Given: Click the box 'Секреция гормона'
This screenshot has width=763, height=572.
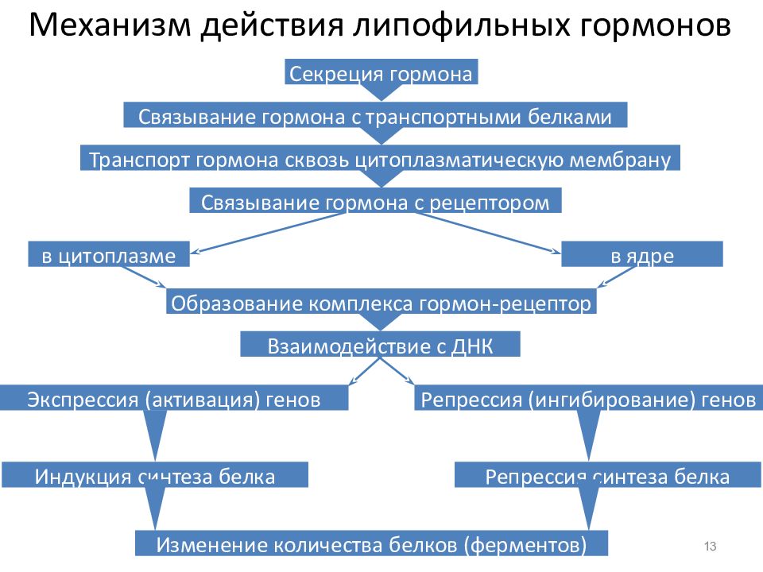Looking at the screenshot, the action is [381, 72].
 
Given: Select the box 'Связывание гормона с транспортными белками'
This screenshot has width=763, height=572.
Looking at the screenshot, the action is [375, 114].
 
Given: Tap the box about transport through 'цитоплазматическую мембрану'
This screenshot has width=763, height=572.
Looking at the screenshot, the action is [380, 157].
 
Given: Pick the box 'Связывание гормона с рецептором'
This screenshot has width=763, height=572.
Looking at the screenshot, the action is [375, 200].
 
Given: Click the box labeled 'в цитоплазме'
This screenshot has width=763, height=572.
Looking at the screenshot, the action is [109, 254].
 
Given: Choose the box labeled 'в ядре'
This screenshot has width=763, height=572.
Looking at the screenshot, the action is [642, 254].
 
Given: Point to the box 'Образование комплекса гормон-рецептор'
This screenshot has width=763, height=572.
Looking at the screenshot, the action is [381, 302].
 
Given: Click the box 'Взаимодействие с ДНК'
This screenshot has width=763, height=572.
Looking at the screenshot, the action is [380, 344].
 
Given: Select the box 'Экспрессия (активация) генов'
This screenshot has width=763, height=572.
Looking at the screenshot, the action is [174, 398].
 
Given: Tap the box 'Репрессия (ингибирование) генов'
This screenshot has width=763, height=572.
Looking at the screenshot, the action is [588, 398].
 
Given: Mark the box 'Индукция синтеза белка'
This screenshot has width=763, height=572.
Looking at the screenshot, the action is [155, 475].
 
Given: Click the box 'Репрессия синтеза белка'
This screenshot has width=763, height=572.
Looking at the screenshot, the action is [607, 475].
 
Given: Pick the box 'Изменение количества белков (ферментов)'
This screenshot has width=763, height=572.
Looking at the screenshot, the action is [371, 543].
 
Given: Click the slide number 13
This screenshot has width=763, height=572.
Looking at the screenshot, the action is [710, 547].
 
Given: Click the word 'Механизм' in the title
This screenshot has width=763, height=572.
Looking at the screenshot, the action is [110, 25].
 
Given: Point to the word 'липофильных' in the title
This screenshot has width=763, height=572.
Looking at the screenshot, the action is [461, 25].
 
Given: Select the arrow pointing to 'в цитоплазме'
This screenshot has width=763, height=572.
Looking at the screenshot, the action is [268, 233].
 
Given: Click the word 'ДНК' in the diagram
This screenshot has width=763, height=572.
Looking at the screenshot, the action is [472, 346].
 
